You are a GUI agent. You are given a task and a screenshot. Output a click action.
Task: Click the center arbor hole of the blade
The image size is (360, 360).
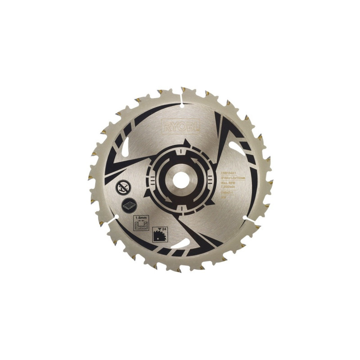(x=180, y=180)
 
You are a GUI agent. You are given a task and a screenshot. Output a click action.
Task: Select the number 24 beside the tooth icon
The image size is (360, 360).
(x=165, y=228)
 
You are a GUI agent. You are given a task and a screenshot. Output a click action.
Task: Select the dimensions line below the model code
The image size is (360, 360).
(x=234, y=177)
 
